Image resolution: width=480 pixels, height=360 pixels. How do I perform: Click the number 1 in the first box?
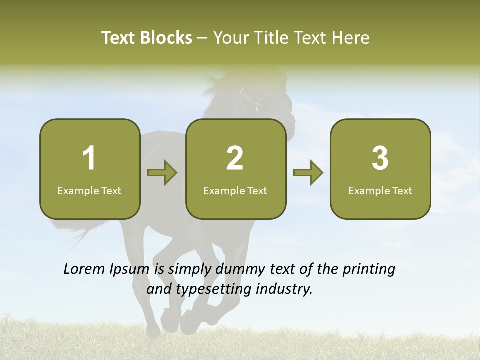89,158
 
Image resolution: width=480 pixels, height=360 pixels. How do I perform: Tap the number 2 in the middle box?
235,158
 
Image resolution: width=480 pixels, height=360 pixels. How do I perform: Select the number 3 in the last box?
380,158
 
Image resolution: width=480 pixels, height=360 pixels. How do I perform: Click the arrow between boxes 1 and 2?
162,173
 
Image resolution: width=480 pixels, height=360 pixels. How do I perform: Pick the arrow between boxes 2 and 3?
308,173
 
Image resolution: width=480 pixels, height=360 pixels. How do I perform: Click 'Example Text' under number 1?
89,190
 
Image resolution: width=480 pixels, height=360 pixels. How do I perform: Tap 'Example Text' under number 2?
235,190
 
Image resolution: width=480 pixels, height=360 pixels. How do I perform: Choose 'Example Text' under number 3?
380,190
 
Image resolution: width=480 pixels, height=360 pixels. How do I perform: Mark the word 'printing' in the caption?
368,270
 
